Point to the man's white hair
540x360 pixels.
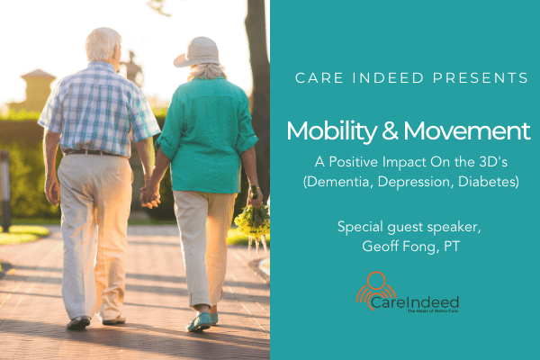(x=103, y=41)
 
